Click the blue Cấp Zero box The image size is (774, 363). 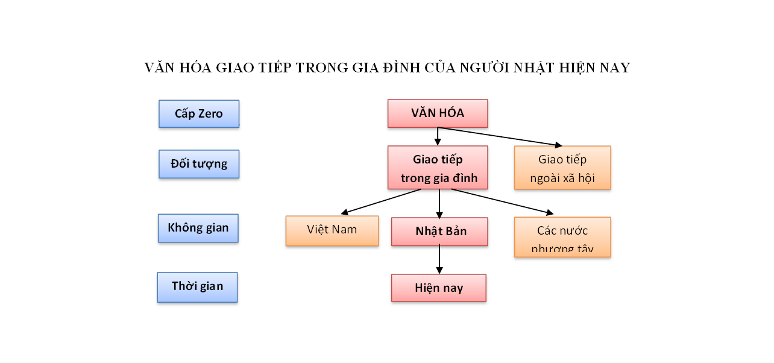(199, 113)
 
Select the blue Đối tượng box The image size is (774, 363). (199, 164)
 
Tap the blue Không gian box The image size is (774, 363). (198, 228)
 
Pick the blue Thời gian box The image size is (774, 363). (197, 286)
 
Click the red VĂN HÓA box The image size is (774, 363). (438, 113)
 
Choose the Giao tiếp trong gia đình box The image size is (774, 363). (438, 168)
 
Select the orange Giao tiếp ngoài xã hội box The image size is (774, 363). (562, 168)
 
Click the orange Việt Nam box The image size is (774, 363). (332, 230)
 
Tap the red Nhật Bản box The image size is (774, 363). (439, 232)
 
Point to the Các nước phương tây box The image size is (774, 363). (562, 237)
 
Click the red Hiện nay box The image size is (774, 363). (439, 288)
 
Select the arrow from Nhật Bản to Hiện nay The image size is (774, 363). (439, 260)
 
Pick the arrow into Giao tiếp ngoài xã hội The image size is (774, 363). (500, 137)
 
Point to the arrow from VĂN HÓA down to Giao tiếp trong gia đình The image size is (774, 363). (438, 136)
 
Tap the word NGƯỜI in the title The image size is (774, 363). (485, 68)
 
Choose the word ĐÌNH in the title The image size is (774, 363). (402, 68)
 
